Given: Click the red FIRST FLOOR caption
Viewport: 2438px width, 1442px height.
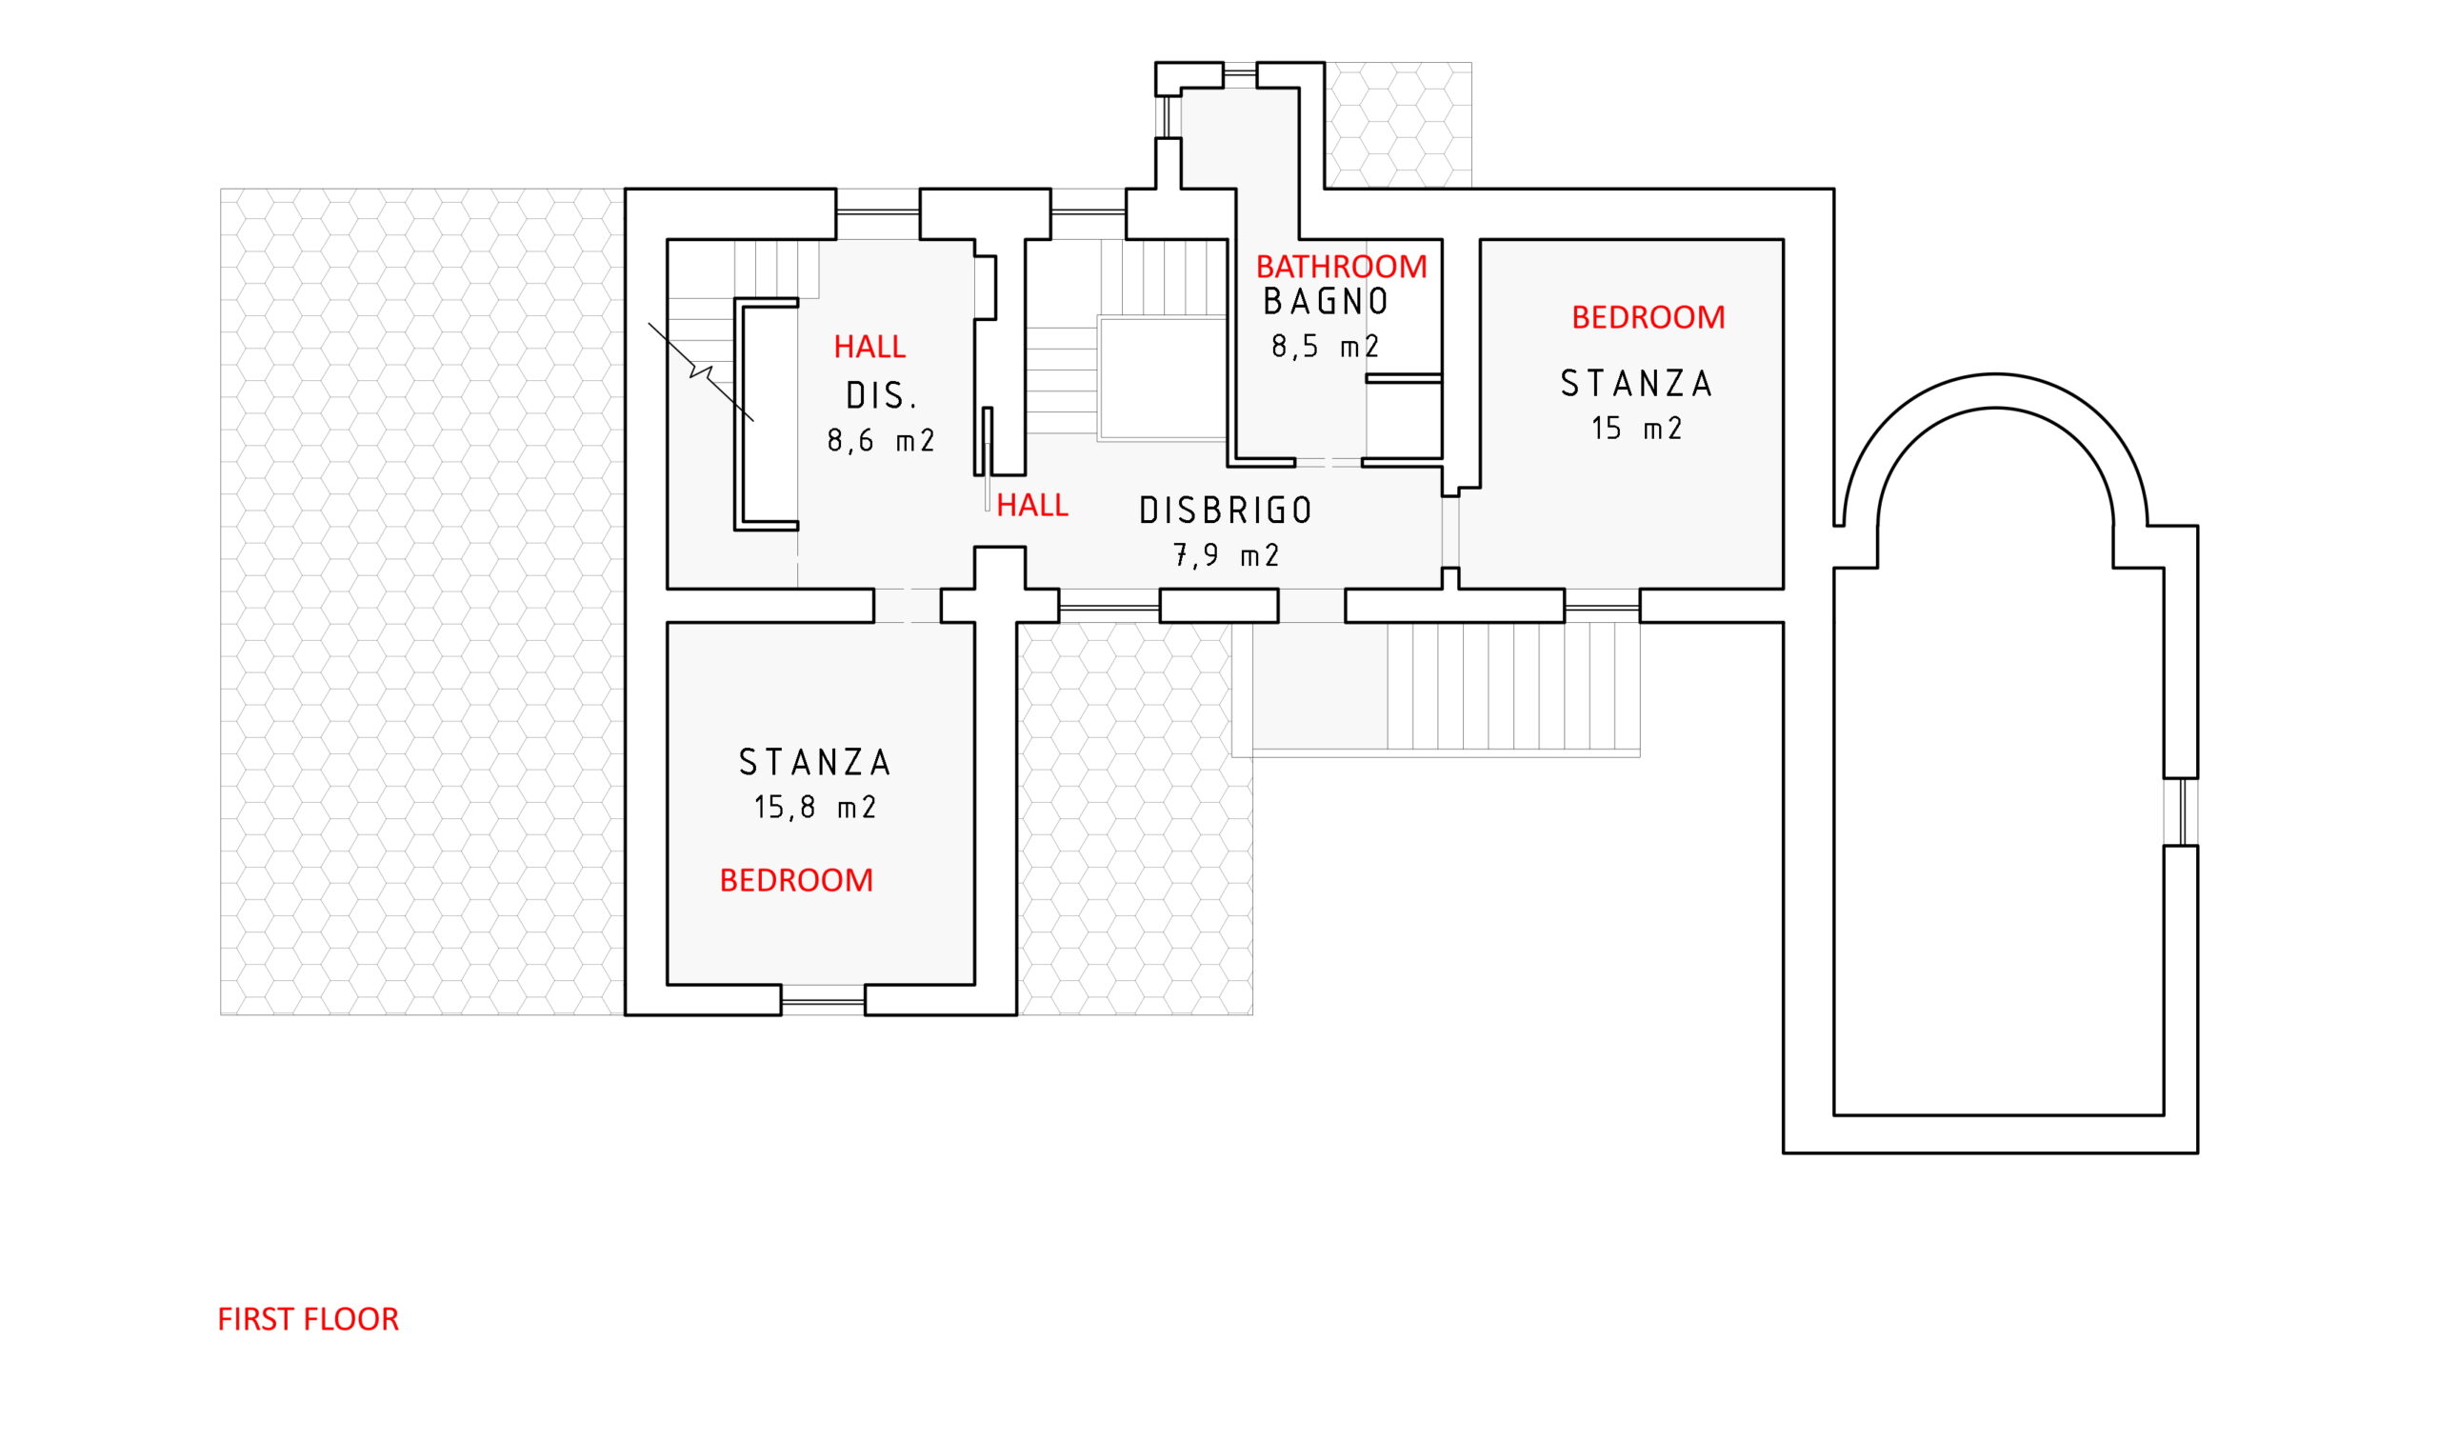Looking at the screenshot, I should click(308, 1319).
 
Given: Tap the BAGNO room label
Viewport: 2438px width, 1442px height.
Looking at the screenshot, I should click(1326, 302).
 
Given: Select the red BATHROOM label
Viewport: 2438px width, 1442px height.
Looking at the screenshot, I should click(1342, 267).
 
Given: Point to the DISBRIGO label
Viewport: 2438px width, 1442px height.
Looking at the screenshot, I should click(1226, 511).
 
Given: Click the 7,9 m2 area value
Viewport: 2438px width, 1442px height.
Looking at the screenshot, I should click(1226, 556).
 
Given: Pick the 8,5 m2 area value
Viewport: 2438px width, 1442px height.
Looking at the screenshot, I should click(1325, 347).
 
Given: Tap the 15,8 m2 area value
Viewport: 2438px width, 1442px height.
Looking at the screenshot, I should click(815, 808).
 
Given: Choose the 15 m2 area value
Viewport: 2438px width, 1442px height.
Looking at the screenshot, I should click(1637, 429).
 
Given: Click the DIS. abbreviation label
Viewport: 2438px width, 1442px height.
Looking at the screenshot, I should click(882, 396).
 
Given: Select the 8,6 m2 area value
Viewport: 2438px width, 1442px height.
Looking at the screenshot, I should click(881, 441).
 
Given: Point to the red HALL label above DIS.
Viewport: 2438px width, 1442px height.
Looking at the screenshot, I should click(869, 347).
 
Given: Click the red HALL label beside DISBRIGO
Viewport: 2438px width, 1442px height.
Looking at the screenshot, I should click(1031, 506).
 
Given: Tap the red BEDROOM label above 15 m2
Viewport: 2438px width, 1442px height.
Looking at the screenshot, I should click(1649, 318).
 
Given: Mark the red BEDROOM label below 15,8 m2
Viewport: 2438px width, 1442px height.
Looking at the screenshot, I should click(796, 880).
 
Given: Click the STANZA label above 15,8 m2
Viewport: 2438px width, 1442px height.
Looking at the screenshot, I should click(815, 763).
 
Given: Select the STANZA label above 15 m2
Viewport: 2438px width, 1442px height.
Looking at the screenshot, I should click(1637, 385).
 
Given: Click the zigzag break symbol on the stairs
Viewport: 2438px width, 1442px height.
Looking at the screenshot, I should click(700, 371).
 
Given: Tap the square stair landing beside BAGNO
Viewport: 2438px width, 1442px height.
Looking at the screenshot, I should click(1162, 378).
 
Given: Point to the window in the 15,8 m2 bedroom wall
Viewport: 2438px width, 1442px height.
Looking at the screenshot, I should click(823, 1000).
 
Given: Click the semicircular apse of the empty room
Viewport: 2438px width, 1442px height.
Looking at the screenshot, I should click(1995, 457).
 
